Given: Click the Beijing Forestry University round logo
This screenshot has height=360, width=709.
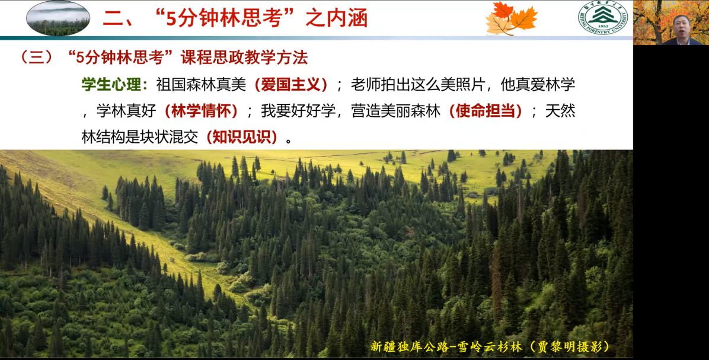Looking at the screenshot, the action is coord(603,18).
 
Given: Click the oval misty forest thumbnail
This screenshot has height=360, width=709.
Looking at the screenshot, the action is coord(58,18).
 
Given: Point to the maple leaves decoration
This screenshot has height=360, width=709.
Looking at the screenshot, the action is coord(511,19).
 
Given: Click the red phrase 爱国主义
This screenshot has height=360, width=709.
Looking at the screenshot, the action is coord(290,85).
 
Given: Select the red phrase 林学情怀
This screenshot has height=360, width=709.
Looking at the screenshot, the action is coord(201,111).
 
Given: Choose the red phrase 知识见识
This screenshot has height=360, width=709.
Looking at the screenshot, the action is coord(241,137).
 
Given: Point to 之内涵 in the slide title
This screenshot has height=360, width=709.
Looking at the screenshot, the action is coord(336,18).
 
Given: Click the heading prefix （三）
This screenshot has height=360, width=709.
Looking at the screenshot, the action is coord(37,58).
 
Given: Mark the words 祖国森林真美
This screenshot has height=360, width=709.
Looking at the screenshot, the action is coord(201,85).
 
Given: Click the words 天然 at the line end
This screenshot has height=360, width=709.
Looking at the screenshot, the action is coord(560,111).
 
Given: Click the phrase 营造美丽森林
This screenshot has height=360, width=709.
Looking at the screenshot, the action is coord(395,111).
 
